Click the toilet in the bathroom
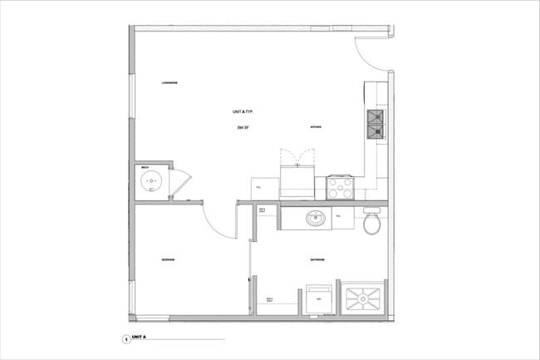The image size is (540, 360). (x=372, y=224)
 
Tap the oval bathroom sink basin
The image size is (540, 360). (x=316, y=219)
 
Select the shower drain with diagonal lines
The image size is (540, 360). (x=364, y=297)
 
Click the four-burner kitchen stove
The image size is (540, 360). (x=340, y=188)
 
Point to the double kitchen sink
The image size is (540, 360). (x=376, y=124)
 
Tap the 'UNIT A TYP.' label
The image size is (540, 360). (x=243, y=111)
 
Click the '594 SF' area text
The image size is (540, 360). (x=242, y=128)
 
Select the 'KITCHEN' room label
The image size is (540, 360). (x=316, y=127)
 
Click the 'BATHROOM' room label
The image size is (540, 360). (x=317, y=261)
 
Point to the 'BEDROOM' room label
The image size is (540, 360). (x=169, y=261)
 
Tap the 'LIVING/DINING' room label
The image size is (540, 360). (x=172, y=83)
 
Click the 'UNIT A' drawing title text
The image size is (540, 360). (x=139, y=338)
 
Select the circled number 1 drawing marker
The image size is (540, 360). (x=125, y=339)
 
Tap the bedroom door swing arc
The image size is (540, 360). (x=218, y=224)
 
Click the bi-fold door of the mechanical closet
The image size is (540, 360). (x=180, y=183)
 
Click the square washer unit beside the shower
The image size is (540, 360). (x=320, y=298)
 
